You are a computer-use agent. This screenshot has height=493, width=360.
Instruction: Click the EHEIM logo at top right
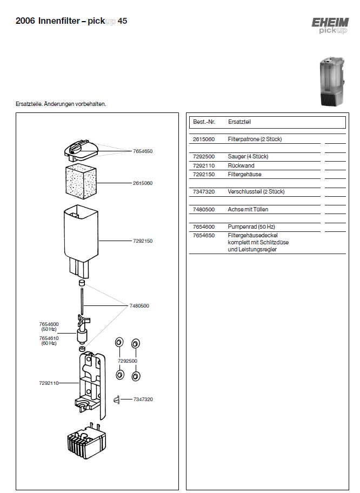point(329,25)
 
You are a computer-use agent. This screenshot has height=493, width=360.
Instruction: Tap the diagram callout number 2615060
point(143,183)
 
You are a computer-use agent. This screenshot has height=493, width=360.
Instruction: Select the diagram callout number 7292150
point(143,241)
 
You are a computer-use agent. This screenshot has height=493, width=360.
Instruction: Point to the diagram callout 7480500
point(139,306)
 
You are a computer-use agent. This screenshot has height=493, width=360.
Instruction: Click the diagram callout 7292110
point(49,383)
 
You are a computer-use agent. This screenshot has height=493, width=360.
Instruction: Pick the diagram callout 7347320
point(143,399)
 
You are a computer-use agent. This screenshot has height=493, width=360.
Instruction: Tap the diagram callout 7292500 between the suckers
point(128,361)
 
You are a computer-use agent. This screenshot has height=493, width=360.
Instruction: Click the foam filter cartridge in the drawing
point(80,184)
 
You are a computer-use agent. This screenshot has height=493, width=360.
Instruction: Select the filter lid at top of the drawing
point(81,148)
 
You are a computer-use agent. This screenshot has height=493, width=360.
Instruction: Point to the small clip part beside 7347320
point(116,399)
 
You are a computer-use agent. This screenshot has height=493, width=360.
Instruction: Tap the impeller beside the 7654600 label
point(82,330)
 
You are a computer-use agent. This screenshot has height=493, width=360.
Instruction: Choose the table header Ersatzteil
point(239,122)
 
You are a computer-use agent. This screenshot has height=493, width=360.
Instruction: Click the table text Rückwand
point(241,165)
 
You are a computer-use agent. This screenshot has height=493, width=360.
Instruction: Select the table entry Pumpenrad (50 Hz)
point(248,226)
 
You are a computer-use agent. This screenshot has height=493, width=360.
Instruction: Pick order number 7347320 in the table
point(204,192)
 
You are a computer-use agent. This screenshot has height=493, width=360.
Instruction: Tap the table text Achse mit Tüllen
point(248,209)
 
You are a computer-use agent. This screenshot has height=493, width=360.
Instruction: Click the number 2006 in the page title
point(25,22)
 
